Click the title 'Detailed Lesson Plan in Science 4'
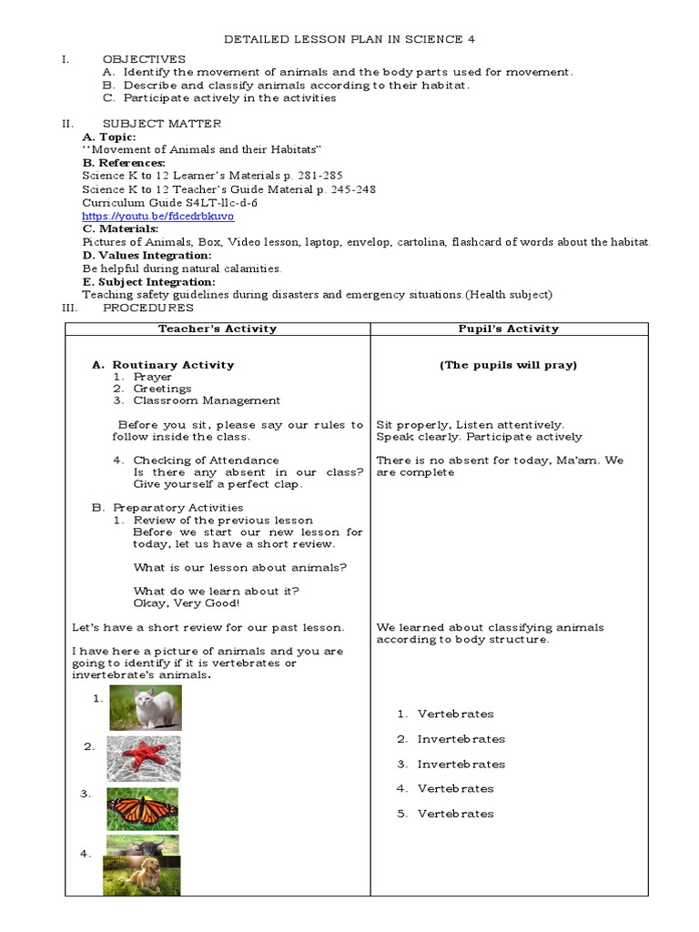point(349,39)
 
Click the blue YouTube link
point(157,217)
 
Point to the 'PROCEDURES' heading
point(148,308)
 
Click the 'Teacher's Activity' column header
point(218,329)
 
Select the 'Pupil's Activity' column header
point(509,329)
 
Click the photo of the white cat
point(146,707)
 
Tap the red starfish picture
point(143,758)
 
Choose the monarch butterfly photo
point(143,808)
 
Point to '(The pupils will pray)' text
point(509,365)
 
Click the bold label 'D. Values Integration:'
point(147,256)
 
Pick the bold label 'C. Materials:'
point(120,229)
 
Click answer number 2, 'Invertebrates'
point(461,739)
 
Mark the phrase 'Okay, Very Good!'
point(187,603)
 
